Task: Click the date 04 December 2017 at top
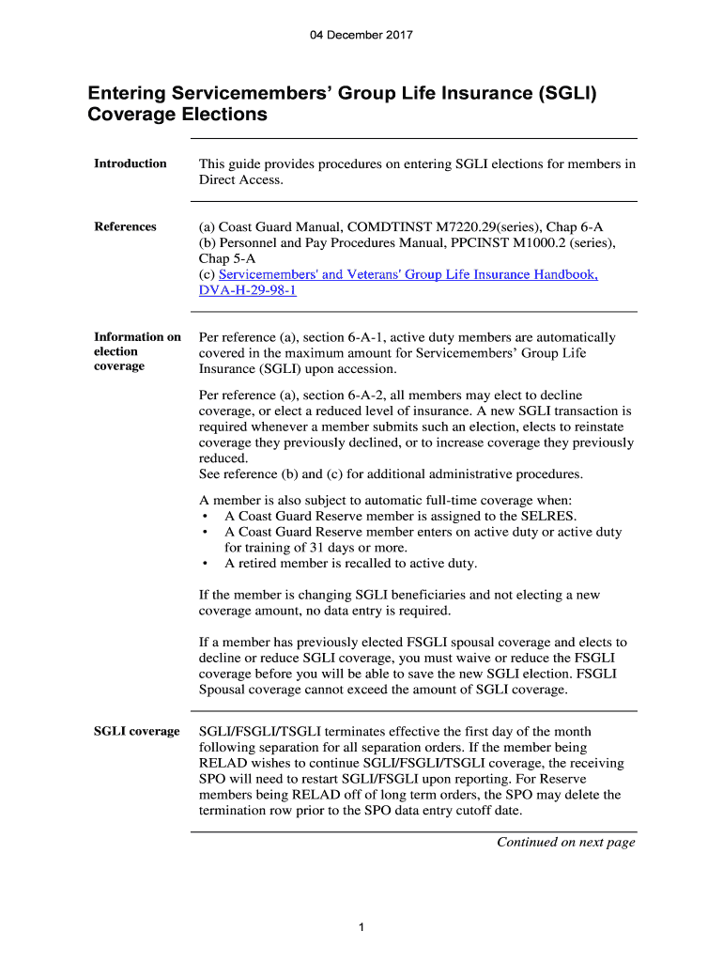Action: [361, 36]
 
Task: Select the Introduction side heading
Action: [131, 163]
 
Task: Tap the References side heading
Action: [125, 226]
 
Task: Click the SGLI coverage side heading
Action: [137, 731]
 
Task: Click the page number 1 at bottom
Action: [361, 928]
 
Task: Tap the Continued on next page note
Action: [565, 842]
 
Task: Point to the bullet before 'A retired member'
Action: [205, 564]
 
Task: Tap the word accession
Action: [352, 369]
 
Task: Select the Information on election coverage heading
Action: [137, 351]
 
